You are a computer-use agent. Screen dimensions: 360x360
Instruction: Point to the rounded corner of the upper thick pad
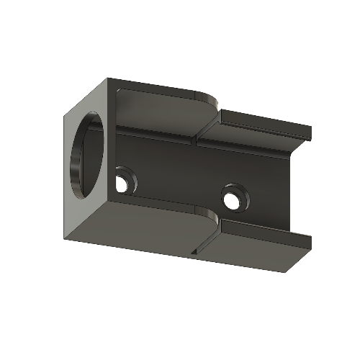coord(210,99)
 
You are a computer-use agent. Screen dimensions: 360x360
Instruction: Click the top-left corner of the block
coord(108,78)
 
